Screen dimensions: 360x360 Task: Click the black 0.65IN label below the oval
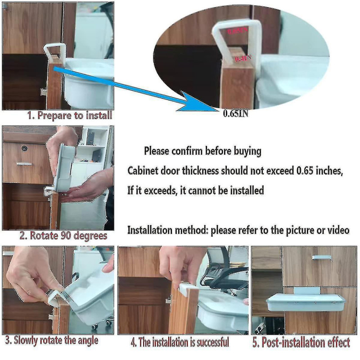coord(235,114)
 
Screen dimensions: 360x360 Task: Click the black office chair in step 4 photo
coord(225,274)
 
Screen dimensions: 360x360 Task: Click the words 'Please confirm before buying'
coord(202,151)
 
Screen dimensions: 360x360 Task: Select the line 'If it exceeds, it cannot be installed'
coord(196,191)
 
